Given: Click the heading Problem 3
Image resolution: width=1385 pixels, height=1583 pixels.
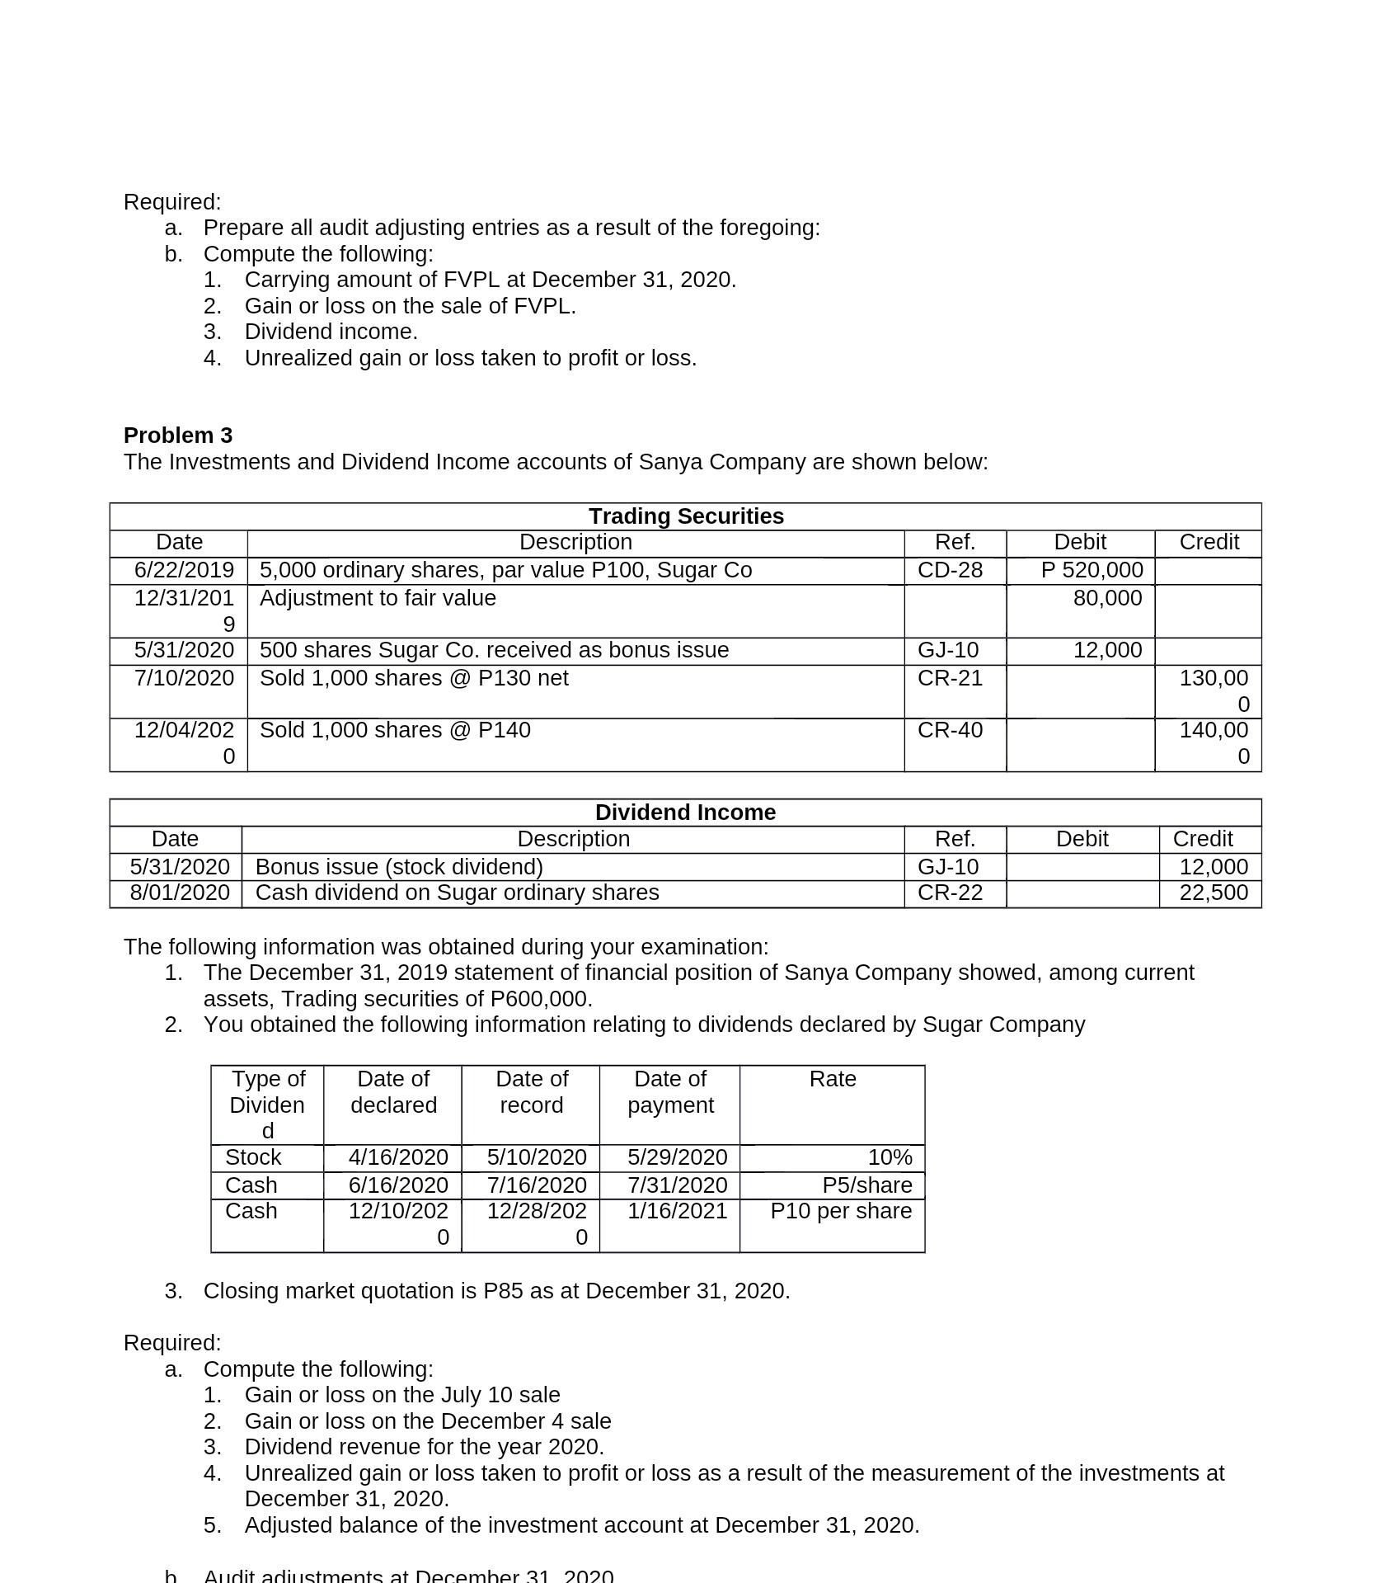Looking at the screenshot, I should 178,436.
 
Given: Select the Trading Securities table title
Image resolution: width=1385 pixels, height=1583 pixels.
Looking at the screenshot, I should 686,516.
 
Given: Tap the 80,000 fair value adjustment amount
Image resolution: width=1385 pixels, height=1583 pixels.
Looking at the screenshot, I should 1107,598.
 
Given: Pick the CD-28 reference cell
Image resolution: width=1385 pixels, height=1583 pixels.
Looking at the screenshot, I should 950,570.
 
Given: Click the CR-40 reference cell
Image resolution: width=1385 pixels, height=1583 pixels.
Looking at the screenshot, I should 950,730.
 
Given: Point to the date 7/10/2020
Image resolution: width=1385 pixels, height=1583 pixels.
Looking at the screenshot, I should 184,678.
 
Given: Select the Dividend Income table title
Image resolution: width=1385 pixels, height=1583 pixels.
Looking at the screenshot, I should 685,813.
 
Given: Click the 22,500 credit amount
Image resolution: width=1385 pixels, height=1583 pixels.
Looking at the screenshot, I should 1214,893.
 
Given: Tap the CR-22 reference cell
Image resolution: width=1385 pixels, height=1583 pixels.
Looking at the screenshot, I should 950,893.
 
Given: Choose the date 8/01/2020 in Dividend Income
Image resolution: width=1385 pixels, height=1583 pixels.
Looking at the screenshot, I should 180,893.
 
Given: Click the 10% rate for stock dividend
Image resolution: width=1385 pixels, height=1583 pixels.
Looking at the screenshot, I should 890,1157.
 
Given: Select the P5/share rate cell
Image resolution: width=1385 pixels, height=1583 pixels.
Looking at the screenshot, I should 867,1185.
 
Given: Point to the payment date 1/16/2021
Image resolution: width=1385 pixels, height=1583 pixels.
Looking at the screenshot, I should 677,1211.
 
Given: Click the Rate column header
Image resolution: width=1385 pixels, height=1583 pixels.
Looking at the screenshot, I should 833,1079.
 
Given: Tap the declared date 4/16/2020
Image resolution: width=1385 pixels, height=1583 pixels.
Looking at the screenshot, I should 398,1157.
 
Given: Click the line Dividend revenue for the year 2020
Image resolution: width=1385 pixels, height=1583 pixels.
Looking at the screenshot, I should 424,1447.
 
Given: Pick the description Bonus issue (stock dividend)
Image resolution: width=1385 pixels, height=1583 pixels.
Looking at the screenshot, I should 399,867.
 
